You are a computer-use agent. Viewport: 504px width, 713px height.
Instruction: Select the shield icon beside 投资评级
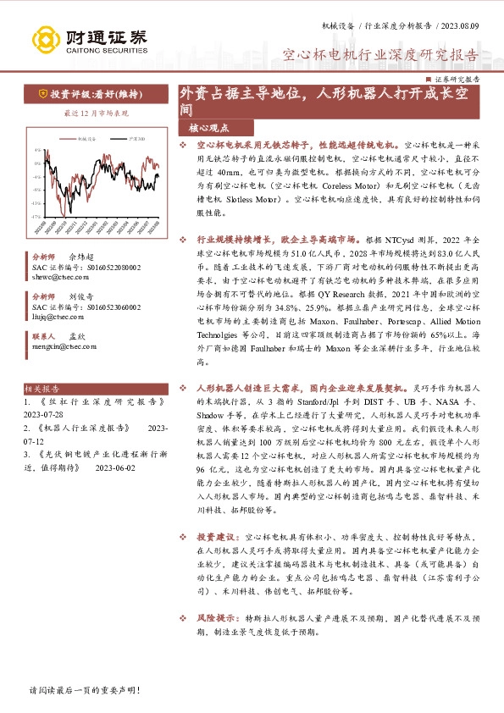click(42, 94)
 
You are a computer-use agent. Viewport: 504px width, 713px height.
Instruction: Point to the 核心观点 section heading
click(208, 128)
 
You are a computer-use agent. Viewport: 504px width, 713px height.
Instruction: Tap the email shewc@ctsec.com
click(53, 275)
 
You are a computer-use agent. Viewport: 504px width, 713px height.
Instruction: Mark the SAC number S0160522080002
click(107, 266)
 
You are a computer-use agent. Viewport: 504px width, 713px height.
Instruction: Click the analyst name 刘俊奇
click(82, 296)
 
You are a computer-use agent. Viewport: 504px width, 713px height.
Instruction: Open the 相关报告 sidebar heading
click(43, 389)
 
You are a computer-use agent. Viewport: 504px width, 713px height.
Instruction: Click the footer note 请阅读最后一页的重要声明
click(84, 691)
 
